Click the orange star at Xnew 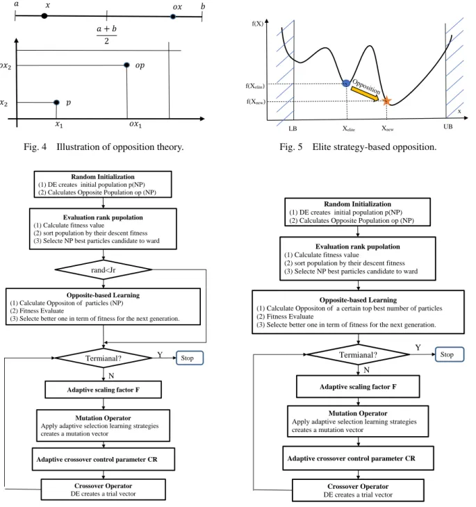click(386, 101)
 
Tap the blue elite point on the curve click(346, 83)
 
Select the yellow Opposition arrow click(365, 94)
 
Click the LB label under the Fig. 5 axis click(293, 128)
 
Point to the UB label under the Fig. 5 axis click(448, 126)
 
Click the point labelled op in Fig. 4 click(127, 65)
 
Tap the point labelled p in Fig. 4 click(56, 102)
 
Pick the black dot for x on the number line click(44, 15)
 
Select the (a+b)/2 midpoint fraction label click(106, 35)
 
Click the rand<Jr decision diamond click(104, 269)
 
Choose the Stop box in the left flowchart click(190, 358)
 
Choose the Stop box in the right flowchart click(450, 354)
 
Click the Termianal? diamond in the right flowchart click(358, 355)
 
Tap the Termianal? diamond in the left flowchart click(104, 358)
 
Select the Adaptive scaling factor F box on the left click(104, 390)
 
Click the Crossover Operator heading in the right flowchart click(358, 486)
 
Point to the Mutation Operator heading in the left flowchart click(103, 418)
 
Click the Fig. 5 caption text click(358, 147)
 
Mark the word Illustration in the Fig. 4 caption click(78, 147)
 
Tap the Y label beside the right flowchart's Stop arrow click(418, 347)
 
